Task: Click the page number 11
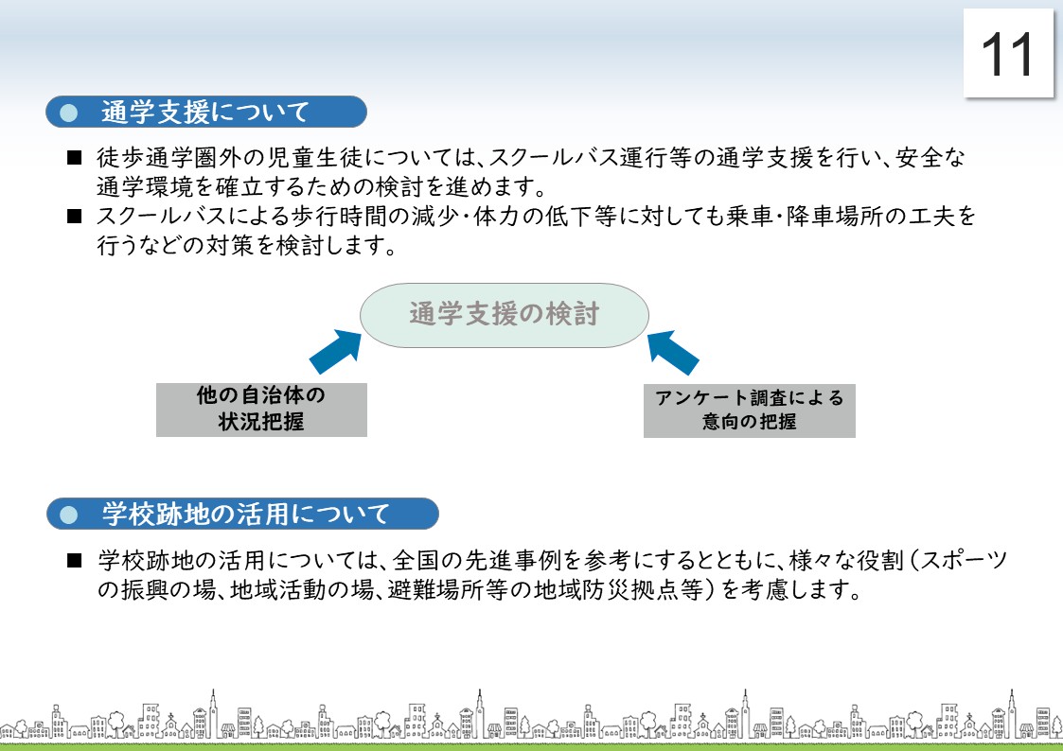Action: click(x=1007, y=54)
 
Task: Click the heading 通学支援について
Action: click(x=206, y=112)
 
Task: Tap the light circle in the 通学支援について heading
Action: click(x=68, y=113)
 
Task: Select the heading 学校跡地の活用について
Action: click(x=242, y=514)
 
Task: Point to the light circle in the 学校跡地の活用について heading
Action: click(x=68, y=515)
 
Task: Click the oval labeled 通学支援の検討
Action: click(x=504, y=315)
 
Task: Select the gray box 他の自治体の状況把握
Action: click(x=261, y=410)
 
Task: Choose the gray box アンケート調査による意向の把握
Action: click(x=749, y=410)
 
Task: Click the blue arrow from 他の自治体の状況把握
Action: click(x=336, y=352)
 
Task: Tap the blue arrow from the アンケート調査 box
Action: click(x=672, y=352)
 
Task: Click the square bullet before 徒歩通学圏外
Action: click(x=75, y=159)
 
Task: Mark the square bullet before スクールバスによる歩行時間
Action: click(x=75, y=217)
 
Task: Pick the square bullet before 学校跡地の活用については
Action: click(x=75, y=561)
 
